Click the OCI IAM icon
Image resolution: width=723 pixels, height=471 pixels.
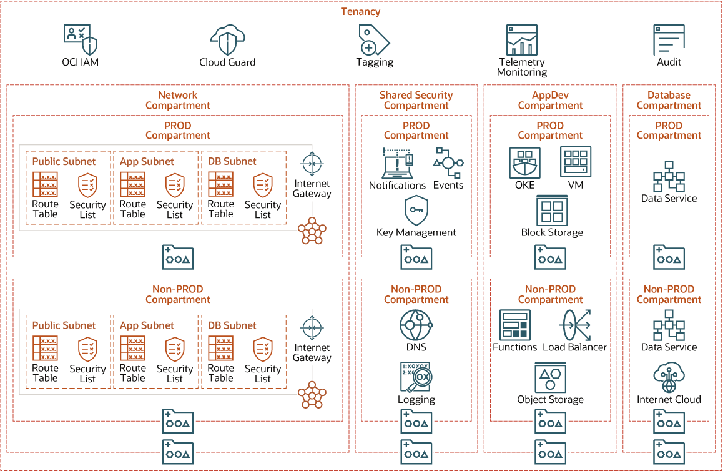81,39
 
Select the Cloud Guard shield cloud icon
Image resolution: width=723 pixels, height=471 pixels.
227,40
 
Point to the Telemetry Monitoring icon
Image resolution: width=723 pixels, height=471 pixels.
521,40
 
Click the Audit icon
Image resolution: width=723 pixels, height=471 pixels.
669,40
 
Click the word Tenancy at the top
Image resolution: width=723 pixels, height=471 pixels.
360,11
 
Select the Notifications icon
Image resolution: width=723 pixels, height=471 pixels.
397,163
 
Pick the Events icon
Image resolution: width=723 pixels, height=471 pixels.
448,163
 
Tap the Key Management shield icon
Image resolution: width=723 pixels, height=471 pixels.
416,211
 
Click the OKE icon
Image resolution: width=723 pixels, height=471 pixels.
524,163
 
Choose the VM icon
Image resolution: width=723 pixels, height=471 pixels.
575,162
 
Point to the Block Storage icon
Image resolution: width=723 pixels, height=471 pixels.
552,211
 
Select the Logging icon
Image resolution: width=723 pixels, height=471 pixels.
416,377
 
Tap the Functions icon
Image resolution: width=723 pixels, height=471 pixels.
514,325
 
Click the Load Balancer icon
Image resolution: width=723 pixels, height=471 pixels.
575,325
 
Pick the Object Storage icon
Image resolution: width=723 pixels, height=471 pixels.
550,377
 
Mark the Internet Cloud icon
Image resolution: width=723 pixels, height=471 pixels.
669,377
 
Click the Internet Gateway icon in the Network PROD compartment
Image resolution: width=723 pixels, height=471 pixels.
312,164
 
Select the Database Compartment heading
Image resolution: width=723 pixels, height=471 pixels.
669,100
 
